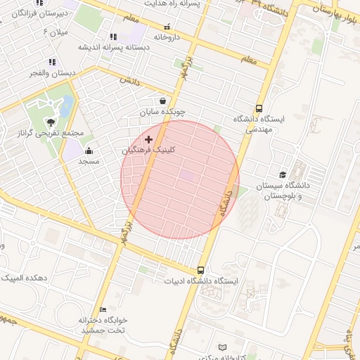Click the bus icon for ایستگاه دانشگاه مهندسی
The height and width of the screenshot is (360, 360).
[259, 109]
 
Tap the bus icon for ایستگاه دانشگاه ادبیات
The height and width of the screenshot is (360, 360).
[201, 270]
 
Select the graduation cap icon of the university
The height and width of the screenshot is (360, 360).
[283, 175]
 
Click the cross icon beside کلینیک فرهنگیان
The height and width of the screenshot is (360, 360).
[148, 140]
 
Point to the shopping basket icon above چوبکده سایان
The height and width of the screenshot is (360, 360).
[163, 101]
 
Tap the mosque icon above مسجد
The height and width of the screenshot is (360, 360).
[89, 151]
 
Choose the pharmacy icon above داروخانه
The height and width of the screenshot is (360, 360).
[167, 26]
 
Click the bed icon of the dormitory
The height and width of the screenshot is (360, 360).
[103, 309]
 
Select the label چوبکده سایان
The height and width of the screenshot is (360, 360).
[162, 112]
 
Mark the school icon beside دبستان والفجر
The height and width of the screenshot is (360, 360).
[51, 62]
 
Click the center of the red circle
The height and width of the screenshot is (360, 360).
[180, 180]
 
